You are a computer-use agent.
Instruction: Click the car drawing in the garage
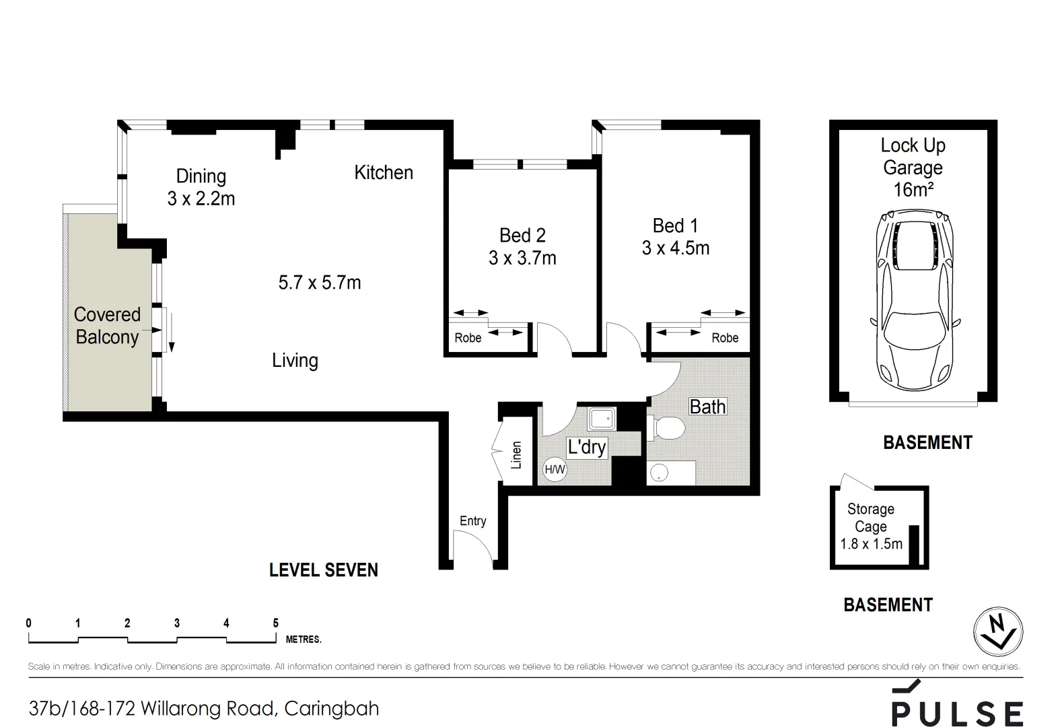coord(915,301)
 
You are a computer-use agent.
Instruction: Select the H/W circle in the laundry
coord(555,470)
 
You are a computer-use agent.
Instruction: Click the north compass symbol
coord(998,631)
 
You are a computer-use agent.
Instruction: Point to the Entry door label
coord(472,521)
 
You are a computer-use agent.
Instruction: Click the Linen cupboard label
coord(516,455)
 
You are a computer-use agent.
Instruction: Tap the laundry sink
coord(602,419)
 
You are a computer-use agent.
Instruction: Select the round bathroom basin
coord(659,473)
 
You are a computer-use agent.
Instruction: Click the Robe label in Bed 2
coord(468,338)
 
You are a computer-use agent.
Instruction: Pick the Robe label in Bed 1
coord(725,338)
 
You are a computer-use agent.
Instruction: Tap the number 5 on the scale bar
coord(276,623)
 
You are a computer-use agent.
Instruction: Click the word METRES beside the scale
coord(304,639)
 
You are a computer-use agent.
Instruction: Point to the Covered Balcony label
coord(108,326)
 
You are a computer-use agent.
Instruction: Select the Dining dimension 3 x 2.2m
coord(201,199)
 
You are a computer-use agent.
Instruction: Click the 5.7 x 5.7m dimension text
coord(320,283)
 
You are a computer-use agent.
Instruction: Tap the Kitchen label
coord(384,173)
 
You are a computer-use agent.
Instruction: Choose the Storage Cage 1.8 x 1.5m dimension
coord(871,544)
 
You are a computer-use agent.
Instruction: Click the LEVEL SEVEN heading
coord(324,570)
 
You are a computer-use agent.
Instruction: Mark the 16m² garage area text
coord(913,189)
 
